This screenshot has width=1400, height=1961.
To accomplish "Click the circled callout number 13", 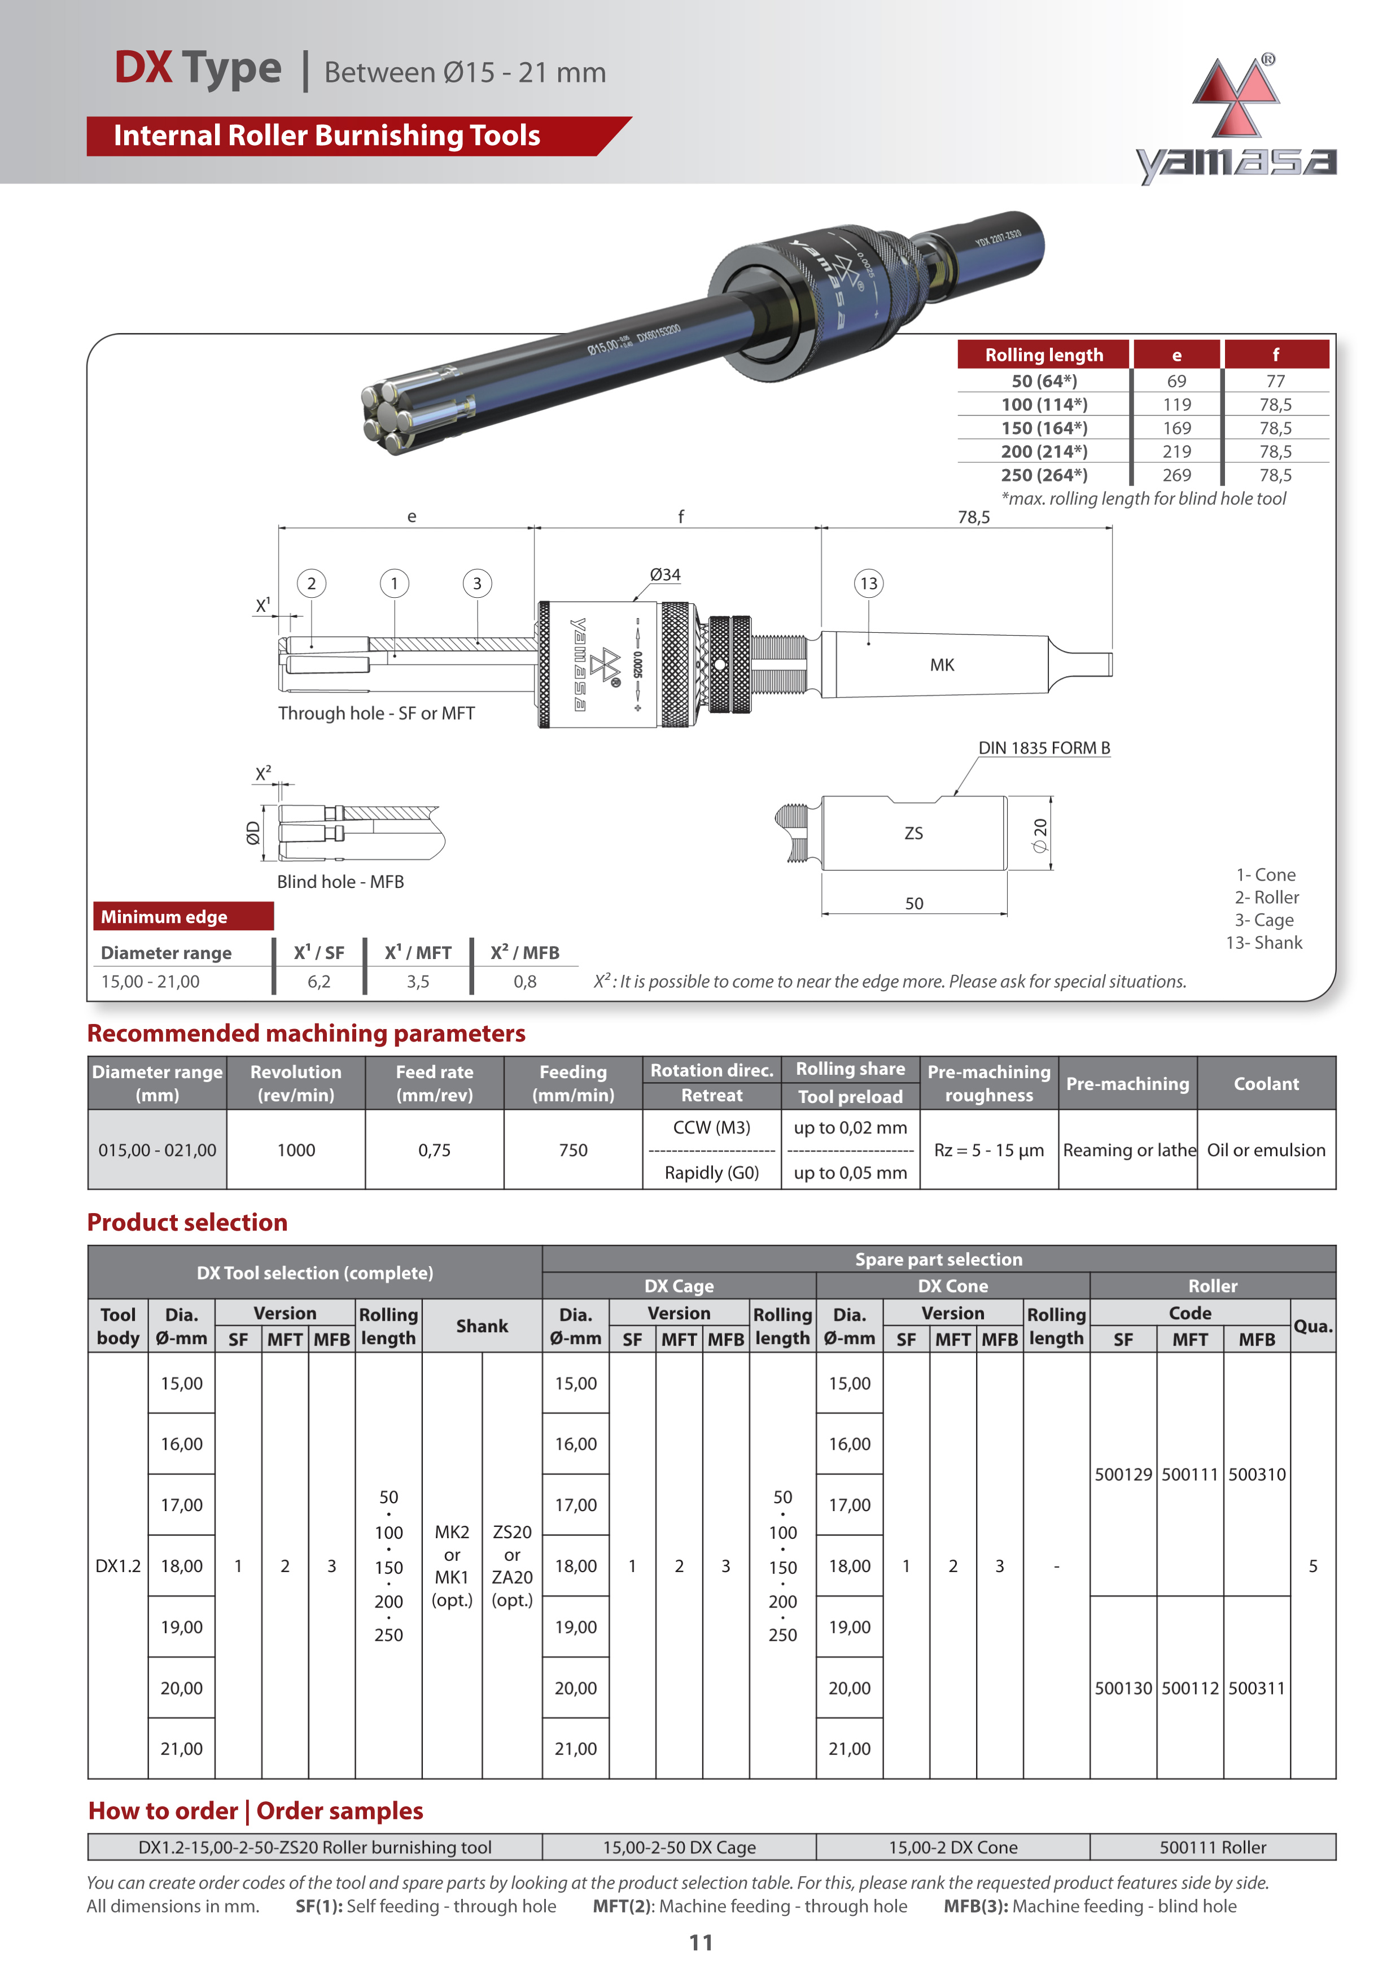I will tap(868, 584).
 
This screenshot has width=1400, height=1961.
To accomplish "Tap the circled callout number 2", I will tap(311, 584).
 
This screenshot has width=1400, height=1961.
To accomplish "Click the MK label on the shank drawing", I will tap(942, 664).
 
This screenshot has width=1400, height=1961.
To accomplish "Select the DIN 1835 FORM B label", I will tap(1043, 747).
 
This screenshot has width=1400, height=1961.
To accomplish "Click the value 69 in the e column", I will tap(1176, 381).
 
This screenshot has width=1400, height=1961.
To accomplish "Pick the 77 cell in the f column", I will tap(1275, 381).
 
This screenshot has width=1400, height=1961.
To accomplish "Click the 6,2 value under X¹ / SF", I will tap(319, 981).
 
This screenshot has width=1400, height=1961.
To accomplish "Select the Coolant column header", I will tap(1266, 1083).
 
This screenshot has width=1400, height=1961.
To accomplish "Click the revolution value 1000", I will tap(296, 1150).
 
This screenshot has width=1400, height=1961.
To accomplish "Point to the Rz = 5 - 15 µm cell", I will tap(989, 1150).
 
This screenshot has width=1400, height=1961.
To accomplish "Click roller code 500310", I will tap(1256, 1474).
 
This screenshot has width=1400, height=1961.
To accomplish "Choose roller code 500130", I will tap(1122, 1688).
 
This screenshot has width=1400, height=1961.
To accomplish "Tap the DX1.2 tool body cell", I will tap(118, 1565).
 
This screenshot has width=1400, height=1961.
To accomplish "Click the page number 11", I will tap(700, 1942).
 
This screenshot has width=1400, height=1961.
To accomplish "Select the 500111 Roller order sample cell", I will tap(1212, 1847).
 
